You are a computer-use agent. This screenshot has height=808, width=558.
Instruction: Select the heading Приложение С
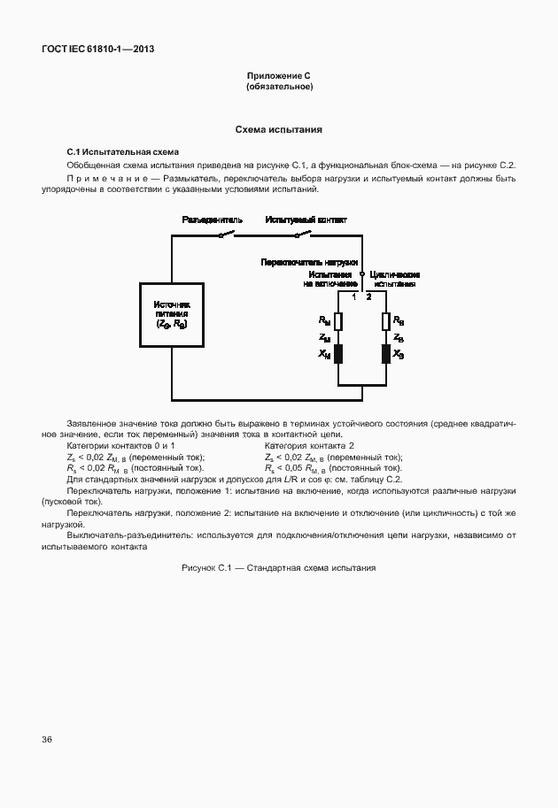278,77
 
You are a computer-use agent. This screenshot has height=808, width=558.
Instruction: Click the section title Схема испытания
278,129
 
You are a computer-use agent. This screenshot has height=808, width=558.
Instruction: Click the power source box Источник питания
172,314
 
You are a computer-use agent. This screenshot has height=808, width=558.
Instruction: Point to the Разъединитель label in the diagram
211,219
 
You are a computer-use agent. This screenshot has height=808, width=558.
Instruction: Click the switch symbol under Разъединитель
228,235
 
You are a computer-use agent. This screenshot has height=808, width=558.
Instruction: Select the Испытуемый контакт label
306,219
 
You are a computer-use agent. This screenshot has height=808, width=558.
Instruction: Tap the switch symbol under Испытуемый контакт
303,235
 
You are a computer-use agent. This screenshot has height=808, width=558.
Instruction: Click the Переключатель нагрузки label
308,263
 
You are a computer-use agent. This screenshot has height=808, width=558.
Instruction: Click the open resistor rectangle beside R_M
338,321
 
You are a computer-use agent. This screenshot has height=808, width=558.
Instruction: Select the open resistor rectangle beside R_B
385,321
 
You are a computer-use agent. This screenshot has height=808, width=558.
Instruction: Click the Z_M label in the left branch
324,338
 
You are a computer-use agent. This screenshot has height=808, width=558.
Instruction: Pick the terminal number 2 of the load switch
369,296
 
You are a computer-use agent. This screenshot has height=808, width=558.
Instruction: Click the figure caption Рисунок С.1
278,567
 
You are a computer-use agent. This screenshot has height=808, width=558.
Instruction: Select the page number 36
46,738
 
